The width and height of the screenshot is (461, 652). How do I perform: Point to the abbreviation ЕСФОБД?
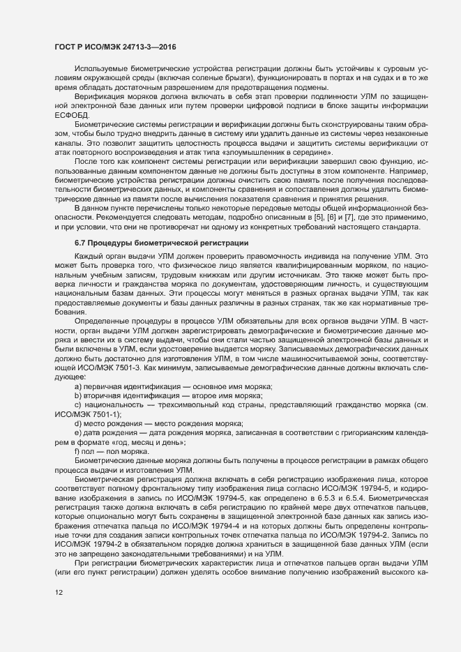(x=70, y=114)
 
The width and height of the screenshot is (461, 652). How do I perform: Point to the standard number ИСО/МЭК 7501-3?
(x=98, y=367)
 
